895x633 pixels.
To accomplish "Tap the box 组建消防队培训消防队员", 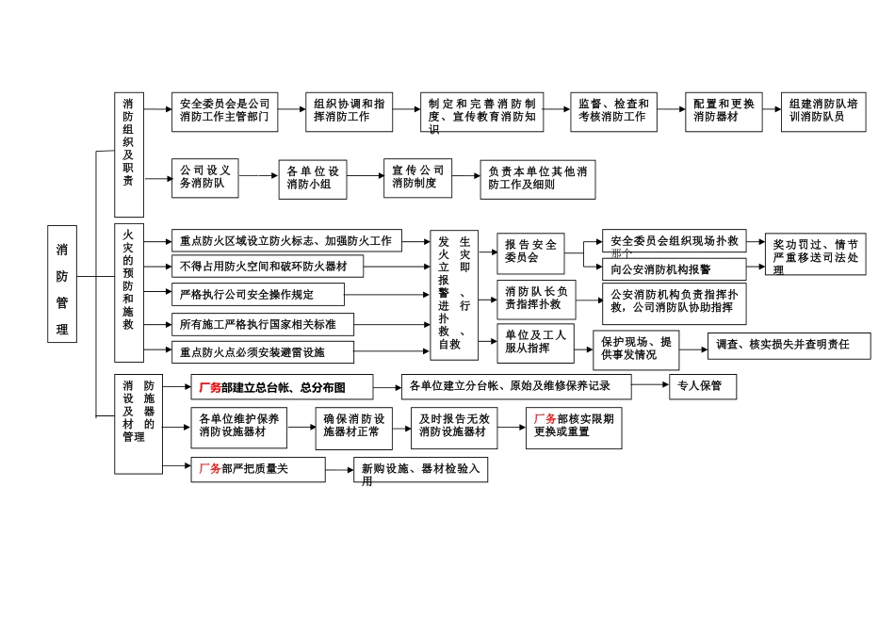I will (x=823, y=111).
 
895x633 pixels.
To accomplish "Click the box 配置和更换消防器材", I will (x=724, y=111).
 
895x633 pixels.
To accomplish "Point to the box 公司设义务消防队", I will (x=205, y=178).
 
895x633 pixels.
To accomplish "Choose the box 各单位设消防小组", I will (x=313, y=179).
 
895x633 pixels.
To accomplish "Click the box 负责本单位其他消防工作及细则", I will (x=538, y=179).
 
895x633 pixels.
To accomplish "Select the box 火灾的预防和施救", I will (x=128, y=292).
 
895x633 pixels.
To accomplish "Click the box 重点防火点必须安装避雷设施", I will (x=263, y=352).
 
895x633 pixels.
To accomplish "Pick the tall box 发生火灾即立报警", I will (x=454, y=294).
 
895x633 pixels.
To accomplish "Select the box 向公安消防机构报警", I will (x=675, y=268).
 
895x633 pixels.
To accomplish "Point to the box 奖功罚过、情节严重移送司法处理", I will (x=816, y=254).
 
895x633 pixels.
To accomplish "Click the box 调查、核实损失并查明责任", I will (x=789, y=346).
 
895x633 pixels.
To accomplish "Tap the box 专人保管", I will (x=701, y=385).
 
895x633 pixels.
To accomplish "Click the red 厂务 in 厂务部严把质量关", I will (x=208, y=468).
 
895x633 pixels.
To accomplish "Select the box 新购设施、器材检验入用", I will (x=421, y=470).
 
